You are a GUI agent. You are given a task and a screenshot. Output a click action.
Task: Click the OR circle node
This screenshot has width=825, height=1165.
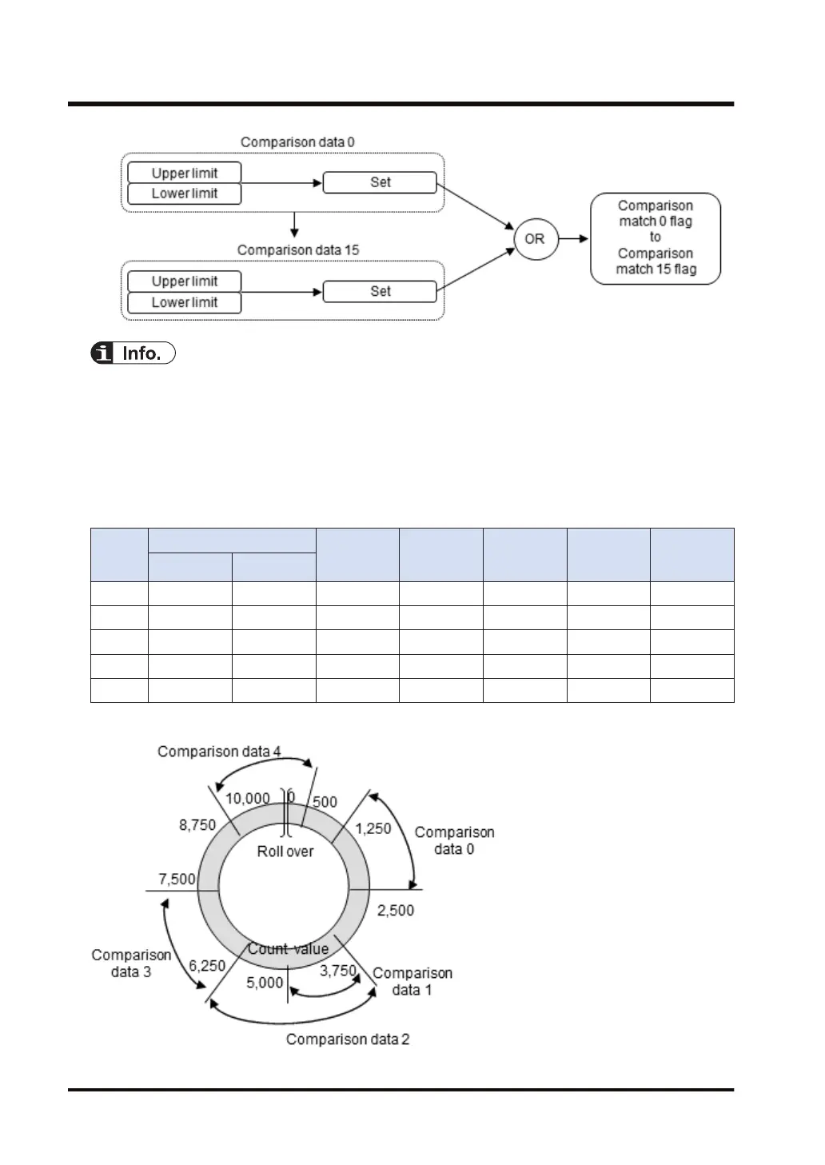click(x=534, y=238)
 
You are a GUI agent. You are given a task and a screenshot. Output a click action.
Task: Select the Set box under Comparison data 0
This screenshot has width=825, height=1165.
click(x=380, y=182)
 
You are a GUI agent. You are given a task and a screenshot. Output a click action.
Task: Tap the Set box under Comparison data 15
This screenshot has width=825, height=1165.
click(x=380, y=291)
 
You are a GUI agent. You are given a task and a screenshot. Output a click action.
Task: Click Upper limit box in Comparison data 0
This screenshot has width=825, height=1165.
click(x=185, y=173)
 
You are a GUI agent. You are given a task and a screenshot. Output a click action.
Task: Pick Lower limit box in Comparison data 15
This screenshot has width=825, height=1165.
click(x=185, y=302)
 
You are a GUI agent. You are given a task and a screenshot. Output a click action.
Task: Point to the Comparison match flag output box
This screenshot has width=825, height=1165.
click(x=656, y=237)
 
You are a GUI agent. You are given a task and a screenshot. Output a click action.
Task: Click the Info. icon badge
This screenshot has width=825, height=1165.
click(x=133, y=353)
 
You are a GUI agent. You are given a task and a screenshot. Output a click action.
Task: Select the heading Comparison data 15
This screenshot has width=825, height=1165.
click(x=298, y=250)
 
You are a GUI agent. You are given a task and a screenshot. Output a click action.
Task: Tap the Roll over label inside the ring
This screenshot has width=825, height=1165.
click(x=285, y=852)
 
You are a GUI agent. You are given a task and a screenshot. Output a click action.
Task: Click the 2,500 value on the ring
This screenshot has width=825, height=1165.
click(x=396, y=910)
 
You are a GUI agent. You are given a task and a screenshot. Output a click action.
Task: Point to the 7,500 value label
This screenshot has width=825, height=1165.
click(x=177, y=879)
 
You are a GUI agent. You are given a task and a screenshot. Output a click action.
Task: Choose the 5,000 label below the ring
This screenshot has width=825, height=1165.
click(x=265, y=982)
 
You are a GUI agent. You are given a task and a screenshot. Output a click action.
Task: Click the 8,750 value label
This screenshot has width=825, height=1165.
click(x=197, y=824)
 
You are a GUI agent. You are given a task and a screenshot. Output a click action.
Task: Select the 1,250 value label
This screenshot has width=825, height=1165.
click(x=373, y=828)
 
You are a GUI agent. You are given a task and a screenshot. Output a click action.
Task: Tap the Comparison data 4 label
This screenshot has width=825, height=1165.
click(x=219, y=752)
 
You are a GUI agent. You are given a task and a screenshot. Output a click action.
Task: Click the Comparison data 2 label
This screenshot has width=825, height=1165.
click(x=348, y=1039)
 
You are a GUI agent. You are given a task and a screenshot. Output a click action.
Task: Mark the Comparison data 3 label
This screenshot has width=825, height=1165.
click(x=131, y=964)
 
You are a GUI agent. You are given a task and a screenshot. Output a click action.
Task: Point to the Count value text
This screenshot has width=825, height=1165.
click(x=288, y=949)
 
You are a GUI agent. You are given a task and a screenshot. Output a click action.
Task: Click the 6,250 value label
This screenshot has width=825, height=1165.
click(x=207, y=965)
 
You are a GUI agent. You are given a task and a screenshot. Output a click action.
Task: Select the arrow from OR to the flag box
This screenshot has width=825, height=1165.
click(x=572, y=238)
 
